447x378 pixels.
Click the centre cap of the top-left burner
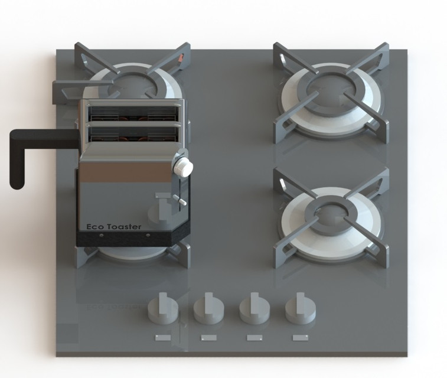(133, 85)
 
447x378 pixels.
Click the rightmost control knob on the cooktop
(300, 309)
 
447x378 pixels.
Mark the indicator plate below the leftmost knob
(163, 338)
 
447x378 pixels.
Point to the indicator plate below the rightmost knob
(301, 338)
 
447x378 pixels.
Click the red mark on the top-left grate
(182, 58)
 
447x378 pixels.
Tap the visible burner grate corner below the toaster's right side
(180, 253)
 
